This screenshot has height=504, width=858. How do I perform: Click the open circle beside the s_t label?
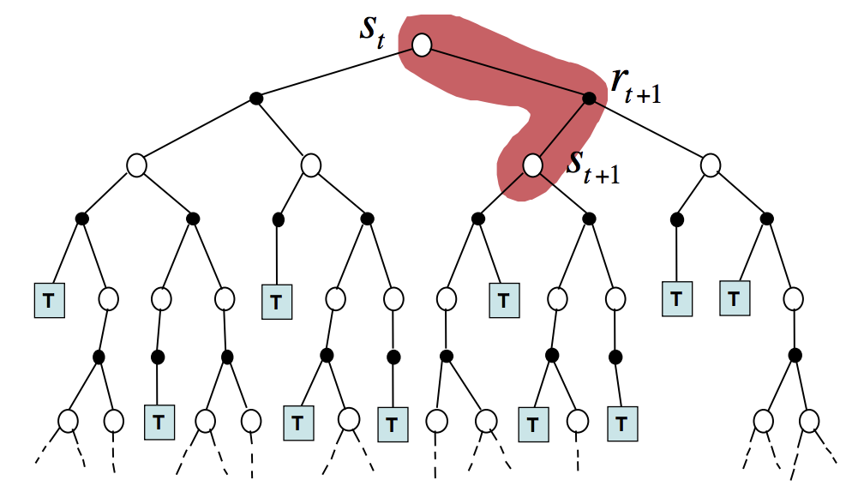(422, 45)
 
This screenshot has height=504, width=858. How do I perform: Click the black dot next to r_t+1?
(589, 99)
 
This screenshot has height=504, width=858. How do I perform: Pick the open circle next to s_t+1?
(533, 165)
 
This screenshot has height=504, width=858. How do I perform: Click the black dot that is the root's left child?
(255, 99)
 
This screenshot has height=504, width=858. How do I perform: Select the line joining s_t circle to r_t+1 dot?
(506, 72)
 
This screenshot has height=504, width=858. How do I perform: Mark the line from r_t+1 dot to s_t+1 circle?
(561, 131)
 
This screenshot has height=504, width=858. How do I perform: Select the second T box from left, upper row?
(276, 301)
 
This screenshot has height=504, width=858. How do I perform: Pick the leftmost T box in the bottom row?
(159, 422)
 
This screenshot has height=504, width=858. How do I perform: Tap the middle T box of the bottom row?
(392, 423)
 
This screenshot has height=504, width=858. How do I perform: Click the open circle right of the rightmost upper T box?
(794, 299)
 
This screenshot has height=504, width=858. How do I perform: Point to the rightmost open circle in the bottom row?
(808, 421)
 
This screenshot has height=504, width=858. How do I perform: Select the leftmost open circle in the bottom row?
(69, 421)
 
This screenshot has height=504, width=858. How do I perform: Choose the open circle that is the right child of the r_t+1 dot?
(710, 164)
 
